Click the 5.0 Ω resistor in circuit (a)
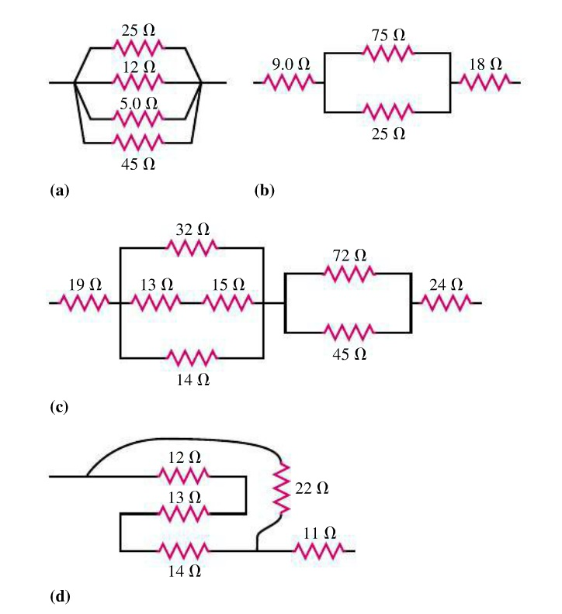138,119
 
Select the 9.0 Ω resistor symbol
288,81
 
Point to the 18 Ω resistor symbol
484,81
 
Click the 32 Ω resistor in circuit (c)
192,247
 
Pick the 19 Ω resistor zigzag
84,302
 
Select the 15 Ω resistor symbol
227,302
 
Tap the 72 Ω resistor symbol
349,273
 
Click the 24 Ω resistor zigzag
446,302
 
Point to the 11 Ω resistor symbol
319,551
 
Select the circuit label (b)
265,189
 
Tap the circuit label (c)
59,406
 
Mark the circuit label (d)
59,596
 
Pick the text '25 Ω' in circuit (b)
387,133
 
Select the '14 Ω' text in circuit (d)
183,571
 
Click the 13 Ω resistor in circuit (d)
183,512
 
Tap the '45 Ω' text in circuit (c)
349,354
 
